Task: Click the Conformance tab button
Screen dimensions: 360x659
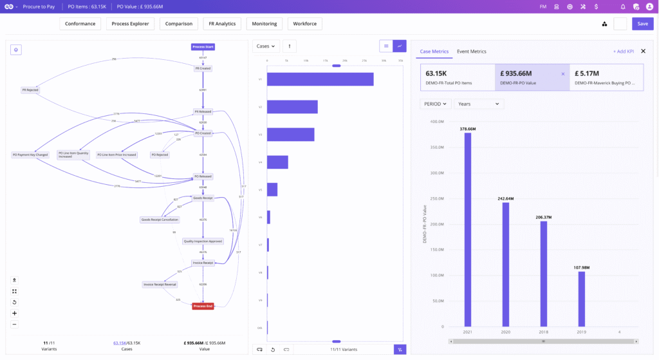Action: [80, 24]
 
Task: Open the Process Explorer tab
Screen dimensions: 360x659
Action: [130, 24]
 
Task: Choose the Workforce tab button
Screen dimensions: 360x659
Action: [304, 24]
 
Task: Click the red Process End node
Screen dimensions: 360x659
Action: [203, 306]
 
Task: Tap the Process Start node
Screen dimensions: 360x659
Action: [203, 46]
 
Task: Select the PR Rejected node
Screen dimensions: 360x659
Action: [30, 90]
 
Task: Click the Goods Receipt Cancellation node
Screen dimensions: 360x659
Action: [160, 220]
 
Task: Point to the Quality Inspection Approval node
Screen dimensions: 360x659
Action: [203, 241]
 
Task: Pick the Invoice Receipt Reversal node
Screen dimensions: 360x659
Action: [160, 284]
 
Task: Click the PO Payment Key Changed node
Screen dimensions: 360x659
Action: [30, 155]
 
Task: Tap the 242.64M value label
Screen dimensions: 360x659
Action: [505, 198]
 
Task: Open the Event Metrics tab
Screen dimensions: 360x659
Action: [472, 52]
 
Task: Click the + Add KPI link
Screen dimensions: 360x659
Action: [623, 52]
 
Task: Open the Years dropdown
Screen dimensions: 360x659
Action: [479, 104]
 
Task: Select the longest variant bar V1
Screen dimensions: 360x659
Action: [320, 79]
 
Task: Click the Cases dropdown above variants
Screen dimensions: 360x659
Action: [266, 46]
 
